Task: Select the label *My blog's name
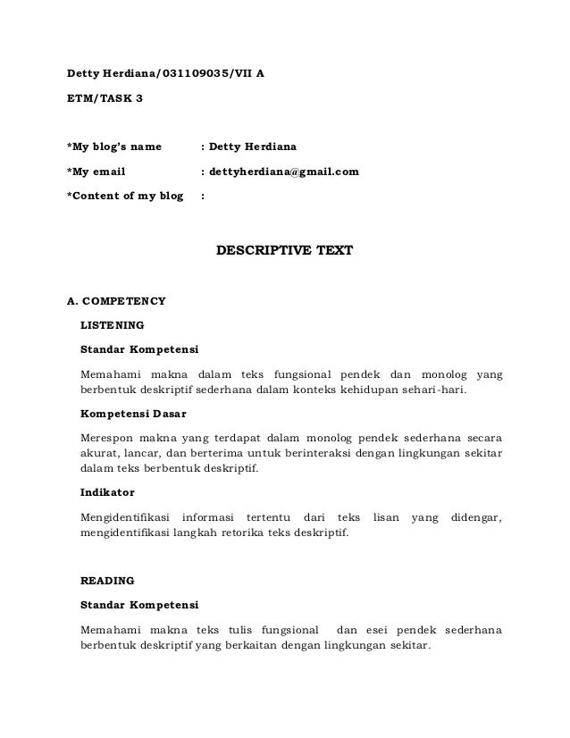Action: tap(114, 146)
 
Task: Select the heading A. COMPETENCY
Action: tap(116, 301)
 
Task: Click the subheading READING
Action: tap(107, 580)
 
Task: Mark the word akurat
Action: tap(98, 455)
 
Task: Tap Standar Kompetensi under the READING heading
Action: tap(139, 605)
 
